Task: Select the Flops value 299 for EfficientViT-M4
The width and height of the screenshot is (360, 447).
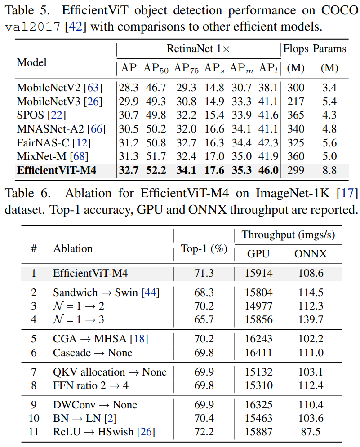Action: [x=295, y=170]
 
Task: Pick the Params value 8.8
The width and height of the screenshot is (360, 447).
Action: [x=329, y=170]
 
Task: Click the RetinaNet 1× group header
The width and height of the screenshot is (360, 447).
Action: [x=198, y=49]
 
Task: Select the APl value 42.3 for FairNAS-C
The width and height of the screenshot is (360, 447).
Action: [x=268, y=143]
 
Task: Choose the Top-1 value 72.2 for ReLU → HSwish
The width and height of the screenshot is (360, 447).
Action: [x=204, y=432]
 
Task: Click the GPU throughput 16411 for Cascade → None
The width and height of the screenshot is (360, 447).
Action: [x=258, y=353]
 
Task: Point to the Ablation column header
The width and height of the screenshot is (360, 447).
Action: [x=73, y=248]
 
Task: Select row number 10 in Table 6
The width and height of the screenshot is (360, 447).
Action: [x=34, y=418]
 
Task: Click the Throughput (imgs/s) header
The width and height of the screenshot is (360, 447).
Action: [x=288, y=235]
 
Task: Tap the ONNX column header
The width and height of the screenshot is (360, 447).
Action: [x=311, y=254]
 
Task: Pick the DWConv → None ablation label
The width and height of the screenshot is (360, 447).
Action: [x=95, y=405]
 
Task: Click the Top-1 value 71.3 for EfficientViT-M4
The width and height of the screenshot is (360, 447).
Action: [x=204, y=273]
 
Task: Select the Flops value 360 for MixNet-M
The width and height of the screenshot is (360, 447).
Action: [x=295, y=156]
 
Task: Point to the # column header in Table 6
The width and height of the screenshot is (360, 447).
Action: [x=34, y=248]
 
